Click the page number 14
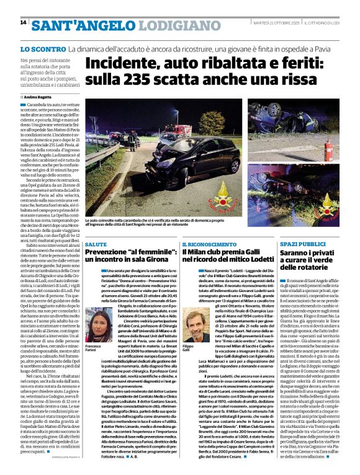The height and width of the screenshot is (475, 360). (x=23, y=23)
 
